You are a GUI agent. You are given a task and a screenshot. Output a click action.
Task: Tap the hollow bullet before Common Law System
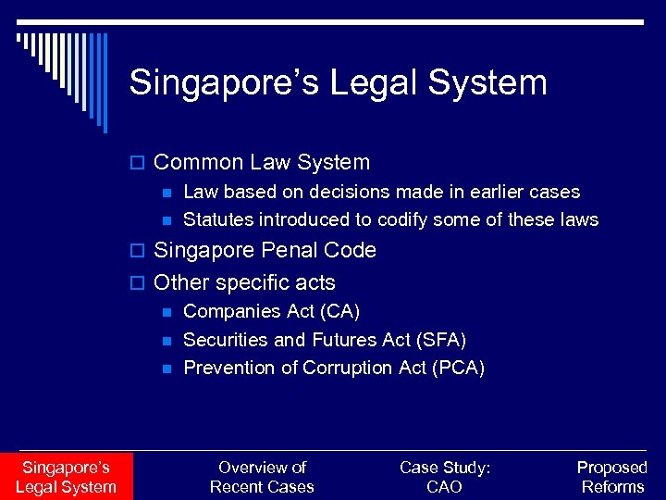(141, 164)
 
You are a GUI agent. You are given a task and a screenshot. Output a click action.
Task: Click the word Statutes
(218, 220)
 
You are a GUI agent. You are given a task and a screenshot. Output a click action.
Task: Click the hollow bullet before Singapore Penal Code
(141, 252)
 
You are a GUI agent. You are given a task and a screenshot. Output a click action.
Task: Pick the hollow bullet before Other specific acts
(141, 283)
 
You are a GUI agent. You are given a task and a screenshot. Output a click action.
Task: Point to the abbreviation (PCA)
(458, 368)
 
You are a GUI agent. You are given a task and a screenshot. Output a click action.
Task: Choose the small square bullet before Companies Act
(166, 313)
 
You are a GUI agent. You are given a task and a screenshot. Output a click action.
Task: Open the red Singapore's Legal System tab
(66, 477)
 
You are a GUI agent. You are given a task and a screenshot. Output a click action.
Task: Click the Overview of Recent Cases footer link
(262, 477)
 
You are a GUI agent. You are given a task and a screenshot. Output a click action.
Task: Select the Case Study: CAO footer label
(445, 477)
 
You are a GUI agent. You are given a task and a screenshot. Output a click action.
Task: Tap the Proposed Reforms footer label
(611, 477)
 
